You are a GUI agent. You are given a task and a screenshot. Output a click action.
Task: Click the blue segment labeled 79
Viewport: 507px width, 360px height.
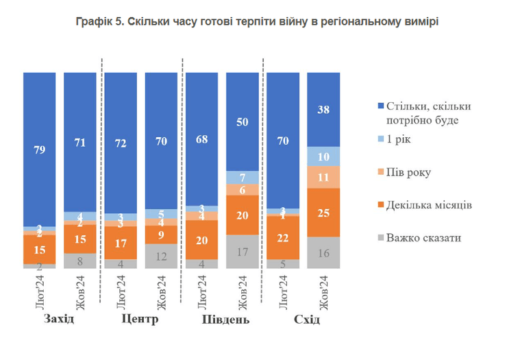[39, 148]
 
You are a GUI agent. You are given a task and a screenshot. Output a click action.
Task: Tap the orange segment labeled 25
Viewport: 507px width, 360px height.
[323, 212]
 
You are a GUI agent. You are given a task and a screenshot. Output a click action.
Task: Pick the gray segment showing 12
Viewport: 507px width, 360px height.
[161, 256]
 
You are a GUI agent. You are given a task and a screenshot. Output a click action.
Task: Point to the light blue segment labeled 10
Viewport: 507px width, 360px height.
[323, 156]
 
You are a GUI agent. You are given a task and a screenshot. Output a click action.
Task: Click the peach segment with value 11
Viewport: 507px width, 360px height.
[323, 177]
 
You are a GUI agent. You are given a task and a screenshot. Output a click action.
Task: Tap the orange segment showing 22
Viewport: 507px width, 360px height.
[282, 237]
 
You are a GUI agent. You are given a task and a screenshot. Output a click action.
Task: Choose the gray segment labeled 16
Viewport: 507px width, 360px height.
[323, 252]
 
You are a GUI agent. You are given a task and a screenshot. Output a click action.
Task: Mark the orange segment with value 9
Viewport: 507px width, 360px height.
[161, 235]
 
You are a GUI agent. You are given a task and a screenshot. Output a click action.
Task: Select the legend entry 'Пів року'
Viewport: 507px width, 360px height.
[405, 173]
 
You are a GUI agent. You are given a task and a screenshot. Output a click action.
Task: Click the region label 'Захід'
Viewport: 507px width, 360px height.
[59, 320]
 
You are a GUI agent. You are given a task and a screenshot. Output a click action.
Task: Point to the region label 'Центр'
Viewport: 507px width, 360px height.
[140, 320]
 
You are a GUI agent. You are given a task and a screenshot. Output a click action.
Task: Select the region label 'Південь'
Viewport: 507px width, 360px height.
[226, 320]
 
